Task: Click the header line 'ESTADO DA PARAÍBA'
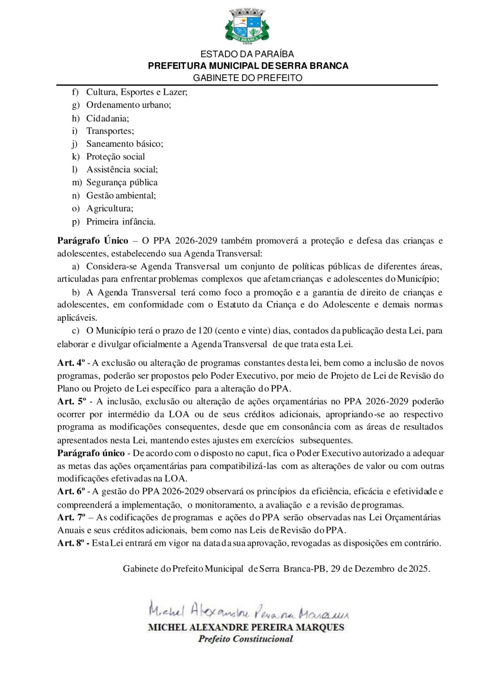click(x=247, y=54)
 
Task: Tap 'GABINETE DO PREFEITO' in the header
click(x=248, y=78)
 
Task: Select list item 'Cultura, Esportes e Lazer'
click(x=136, y=92)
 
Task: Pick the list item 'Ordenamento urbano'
click(x=128, y=105)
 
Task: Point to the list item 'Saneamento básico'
click(x=125, y=143)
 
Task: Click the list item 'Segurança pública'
click(x=122, y=182)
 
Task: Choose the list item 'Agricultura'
click(x=110, y=208)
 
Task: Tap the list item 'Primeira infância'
click(x=121, y=222)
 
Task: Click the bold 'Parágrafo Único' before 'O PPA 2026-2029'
click(x=93, y=241)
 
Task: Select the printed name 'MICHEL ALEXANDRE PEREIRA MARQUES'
click(x=246, y=627)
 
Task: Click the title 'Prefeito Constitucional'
click(x=246, y=639)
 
